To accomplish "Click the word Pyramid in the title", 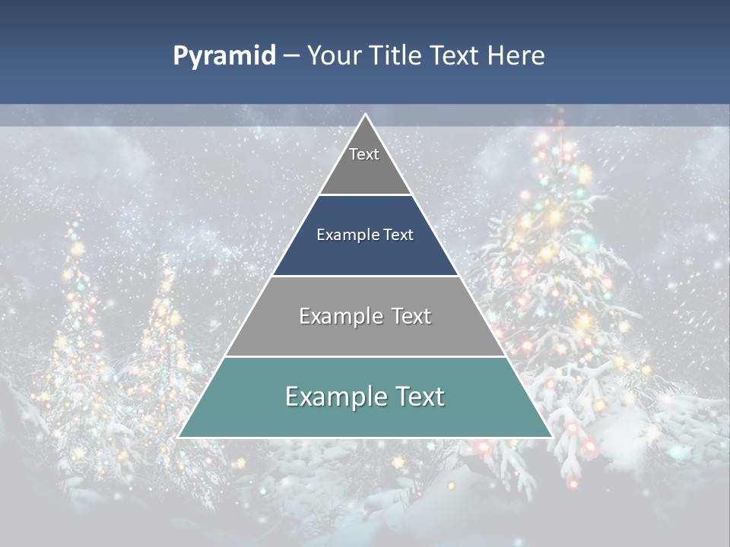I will [x=224, y=56].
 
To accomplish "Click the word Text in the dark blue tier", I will [x=398, y=236].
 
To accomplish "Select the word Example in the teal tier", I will [x=335, y=397].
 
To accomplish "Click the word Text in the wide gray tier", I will [x=411, y=316].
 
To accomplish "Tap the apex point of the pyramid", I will [x=365, y=115].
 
